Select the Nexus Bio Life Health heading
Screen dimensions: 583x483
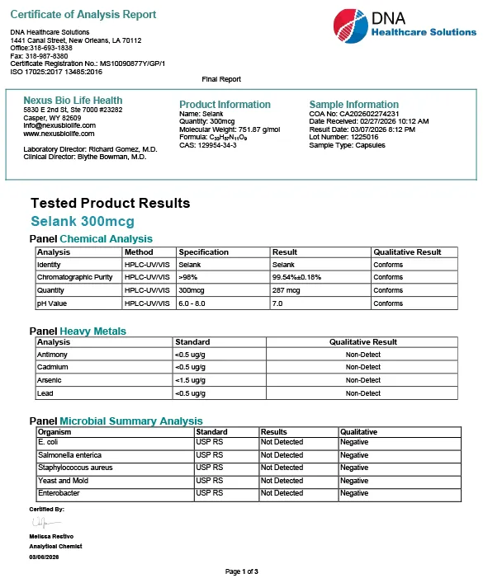coord(73,101)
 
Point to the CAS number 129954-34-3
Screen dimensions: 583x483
coord(208,145)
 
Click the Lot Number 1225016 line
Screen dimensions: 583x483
coord(343,137)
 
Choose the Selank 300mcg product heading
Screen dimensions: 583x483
coord(83,222)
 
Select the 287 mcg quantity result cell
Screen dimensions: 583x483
coord(286,290)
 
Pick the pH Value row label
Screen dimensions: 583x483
coord(54,303)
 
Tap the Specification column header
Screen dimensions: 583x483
coord(203,252)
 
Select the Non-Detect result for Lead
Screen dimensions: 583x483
coord(363,394)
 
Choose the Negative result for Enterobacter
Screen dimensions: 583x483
coord(354,493)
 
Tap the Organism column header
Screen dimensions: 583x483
coord(54,432)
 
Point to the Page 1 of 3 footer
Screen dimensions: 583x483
coord(241,571)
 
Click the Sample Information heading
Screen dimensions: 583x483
coord(353,105)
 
